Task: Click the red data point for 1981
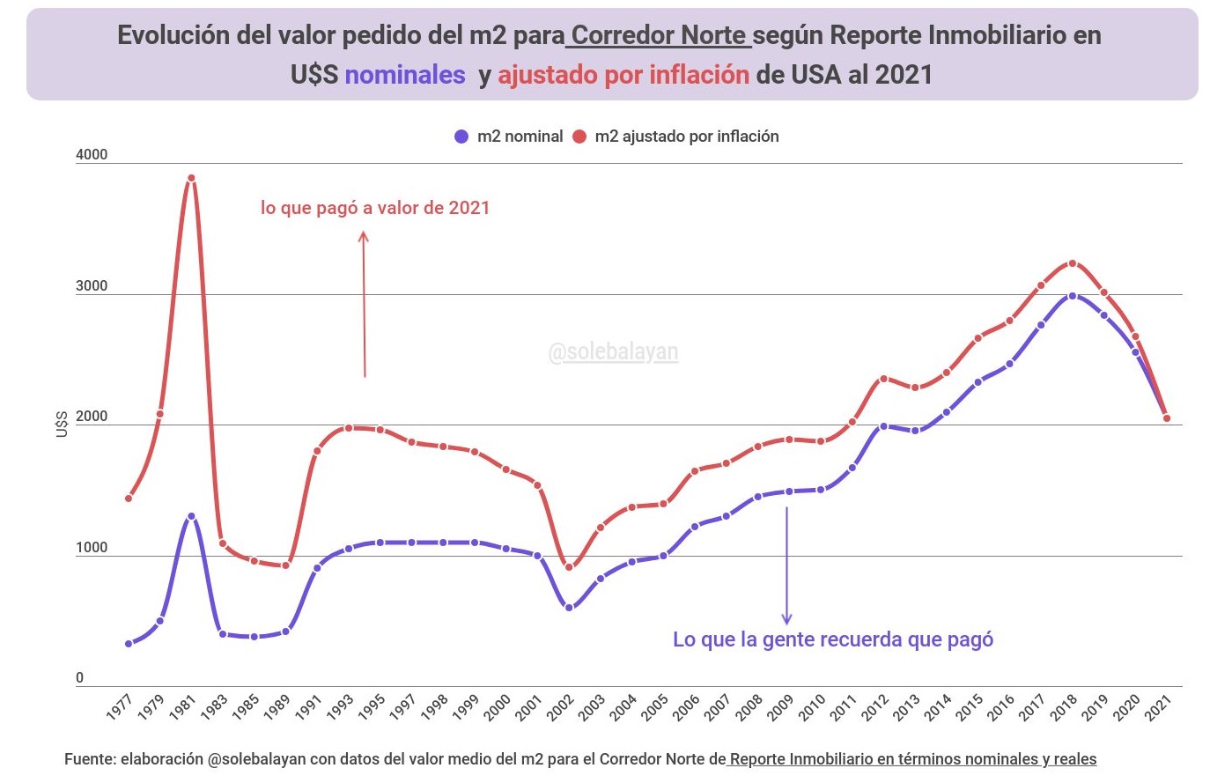click(x=191, y=179)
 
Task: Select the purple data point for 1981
click(x=191, y=516)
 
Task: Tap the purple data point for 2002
click(x=569, y=608)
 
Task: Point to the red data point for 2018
click(x=1072, y=263)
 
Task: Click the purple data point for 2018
click(x=1072, y=296)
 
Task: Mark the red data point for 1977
click(x=129, y=499)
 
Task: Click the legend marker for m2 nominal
click(x=461, y=137)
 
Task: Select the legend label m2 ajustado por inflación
click(x=687, y=137)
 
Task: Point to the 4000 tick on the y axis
click(x=92, y=155)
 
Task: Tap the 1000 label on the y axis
click(x=92, y=548)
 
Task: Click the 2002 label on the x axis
click(x=561, y=707)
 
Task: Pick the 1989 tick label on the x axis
click(x=277, y=707)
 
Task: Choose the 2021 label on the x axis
click(x=1158, y=707)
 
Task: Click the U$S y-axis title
click(x=62, y=424)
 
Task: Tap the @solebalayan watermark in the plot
click(x=613, y=352)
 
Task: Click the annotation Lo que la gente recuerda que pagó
click(x=833, y=639)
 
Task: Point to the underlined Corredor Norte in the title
click(x=660, y=35)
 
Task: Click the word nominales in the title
click(x=405, y=75)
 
